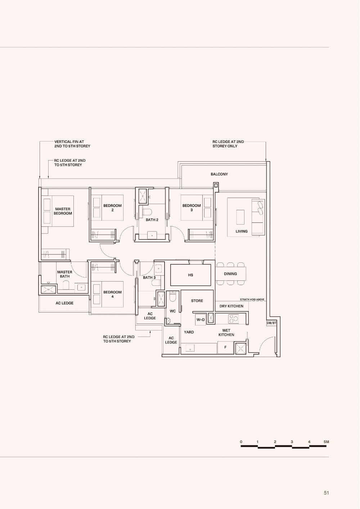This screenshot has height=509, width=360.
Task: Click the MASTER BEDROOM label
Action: (63, 211)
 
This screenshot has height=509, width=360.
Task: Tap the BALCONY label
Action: (219, 174)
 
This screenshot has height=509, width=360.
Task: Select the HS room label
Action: (190, 275)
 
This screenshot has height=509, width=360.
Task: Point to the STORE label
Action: (197, 301)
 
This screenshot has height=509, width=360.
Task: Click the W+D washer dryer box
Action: (201, 320)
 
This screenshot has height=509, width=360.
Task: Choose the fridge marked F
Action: (225, 348)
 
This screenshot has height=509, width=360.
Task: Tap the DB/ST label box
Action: (271, 323)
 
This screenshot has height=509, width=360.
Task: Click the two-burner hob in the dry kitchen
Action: (234, 319)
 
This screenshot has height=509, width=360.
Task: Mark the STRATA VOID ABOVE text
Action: (252, 299)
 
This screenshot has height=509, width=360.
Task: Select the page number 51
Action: (326, 493)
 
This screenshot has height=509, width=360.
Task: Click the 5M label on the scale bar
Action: (326, 442)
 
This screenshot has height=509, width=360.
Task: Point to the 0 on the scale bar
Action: (241, 442)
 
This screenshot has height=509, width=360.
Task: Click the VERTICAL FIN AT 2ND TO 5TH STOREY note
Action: (72, 144)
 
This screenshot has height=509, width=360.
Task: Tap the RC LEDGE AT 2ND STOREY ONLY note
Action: (228, 144)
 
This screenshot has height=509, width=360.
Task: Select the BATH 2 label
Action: (152, 220)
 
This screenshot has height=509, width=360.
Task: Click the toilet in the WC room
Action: (173, 297)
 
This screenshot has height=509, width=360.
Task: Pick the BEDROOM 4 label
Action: (112, 294)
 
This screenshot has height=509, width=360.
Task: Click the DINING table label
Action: (230, 274)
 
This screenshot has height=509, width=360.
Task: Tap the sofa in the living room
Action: (258, 217)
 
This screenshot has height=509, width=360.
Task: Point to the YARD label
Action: (189, 332)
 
